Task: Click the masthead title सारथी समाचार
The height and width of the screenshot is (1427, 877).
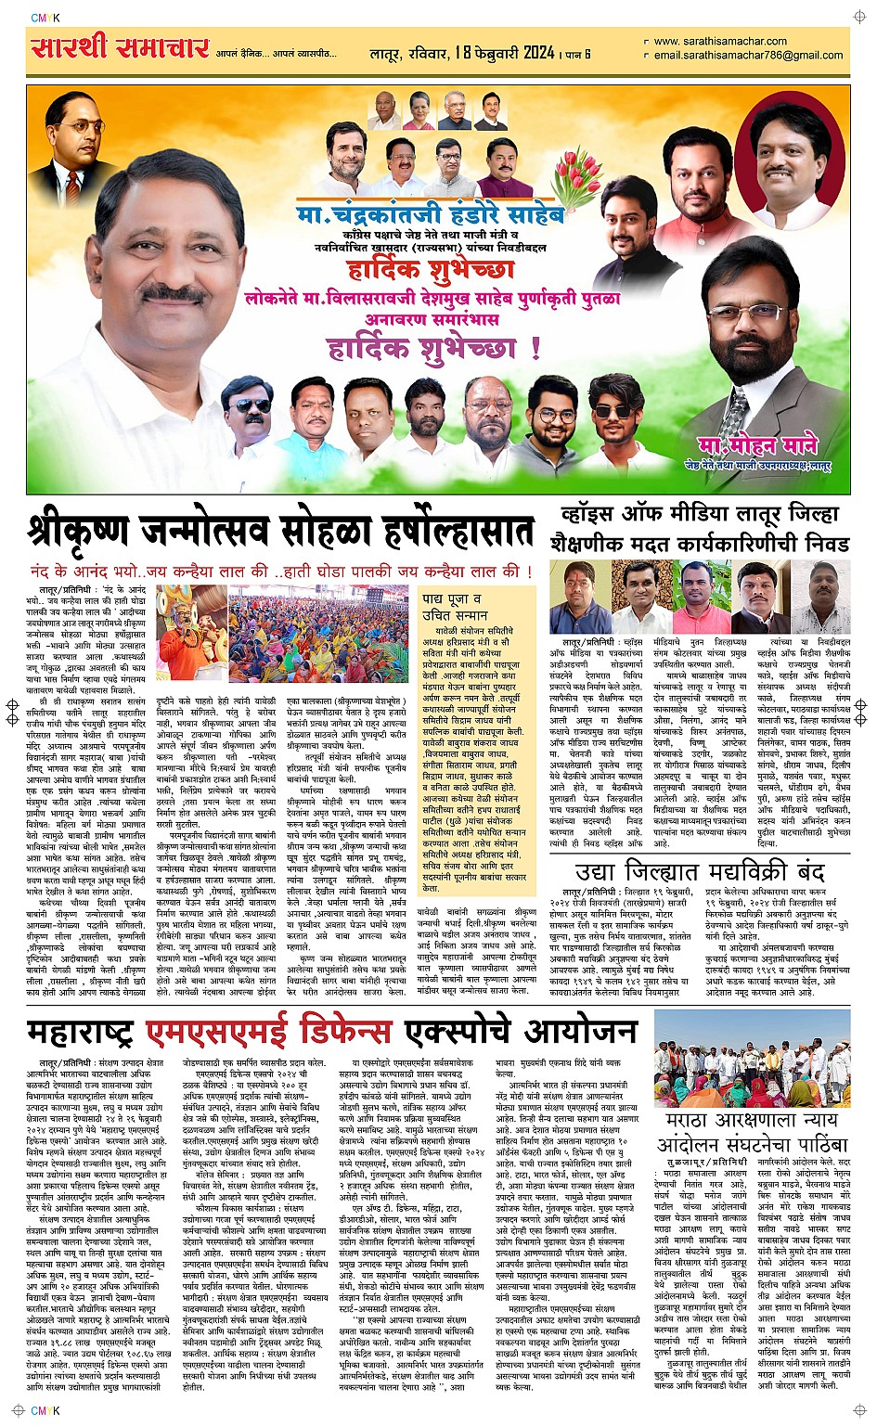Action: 120,47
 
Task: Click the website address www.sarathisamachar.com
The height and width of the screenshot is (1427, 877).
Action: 719,41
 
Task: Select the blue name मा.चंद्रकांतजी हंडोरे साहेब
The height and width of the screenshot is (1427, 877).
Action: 430,216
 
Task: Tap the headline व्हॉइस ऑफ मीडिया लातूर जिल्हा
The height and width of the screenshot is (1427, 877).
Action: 699,514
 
